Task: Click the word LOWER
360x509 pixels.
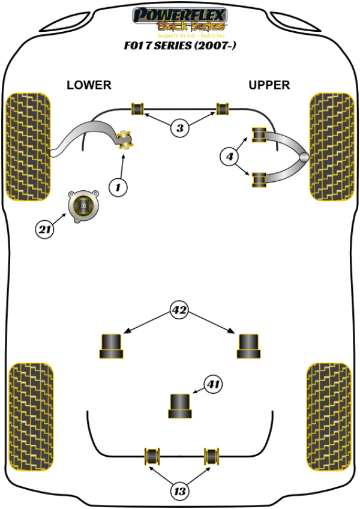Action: (89, 85)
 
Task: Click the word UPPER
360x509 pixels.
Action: (269, 85)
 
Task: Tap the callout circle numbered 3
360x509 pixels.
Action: (180, 127)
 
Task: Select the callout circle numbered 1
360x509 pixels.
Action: (118, 187)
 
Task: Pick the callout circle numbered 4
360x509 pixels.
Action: (229, 157)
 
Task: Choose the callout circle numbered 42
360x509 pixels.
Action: (179, 311)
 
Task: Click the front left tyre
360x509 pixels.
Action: (28, 146)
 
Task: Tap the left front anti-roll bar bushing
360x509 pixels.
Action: (138, 109)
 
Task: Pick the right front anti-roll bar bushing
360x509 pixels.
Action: (223, 109)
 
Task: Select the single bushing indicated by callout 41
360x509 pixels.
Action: (179, 406)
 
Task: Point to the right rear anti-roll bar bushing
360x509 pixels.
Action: (211, 456)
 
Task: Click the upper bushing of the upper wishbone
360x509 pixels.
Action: (260, 134)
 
